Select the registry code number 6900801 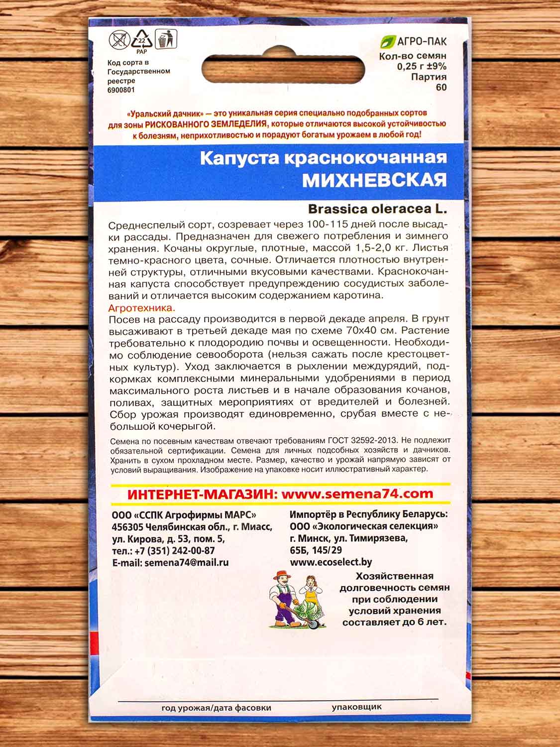[x=121, y=90]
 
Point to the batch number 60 [x=441, y=88]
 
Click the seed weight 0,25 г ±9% [x=422, y=67]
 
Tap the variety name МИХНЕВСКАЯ [x=374, y=180]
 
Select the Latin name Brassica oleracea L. [x=377, y=209]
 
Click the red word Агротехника [x=142, y=308]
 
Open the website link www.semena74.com [x=357, y=495]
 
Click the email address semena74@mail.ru [x=186, y=563]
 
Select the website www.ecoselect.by [x=331, y=563]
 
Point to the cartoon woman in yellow [x=312, y=590]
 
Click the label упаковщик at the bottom [x=356, y=707]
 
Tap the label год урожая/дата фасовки [x=216, y=708]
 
